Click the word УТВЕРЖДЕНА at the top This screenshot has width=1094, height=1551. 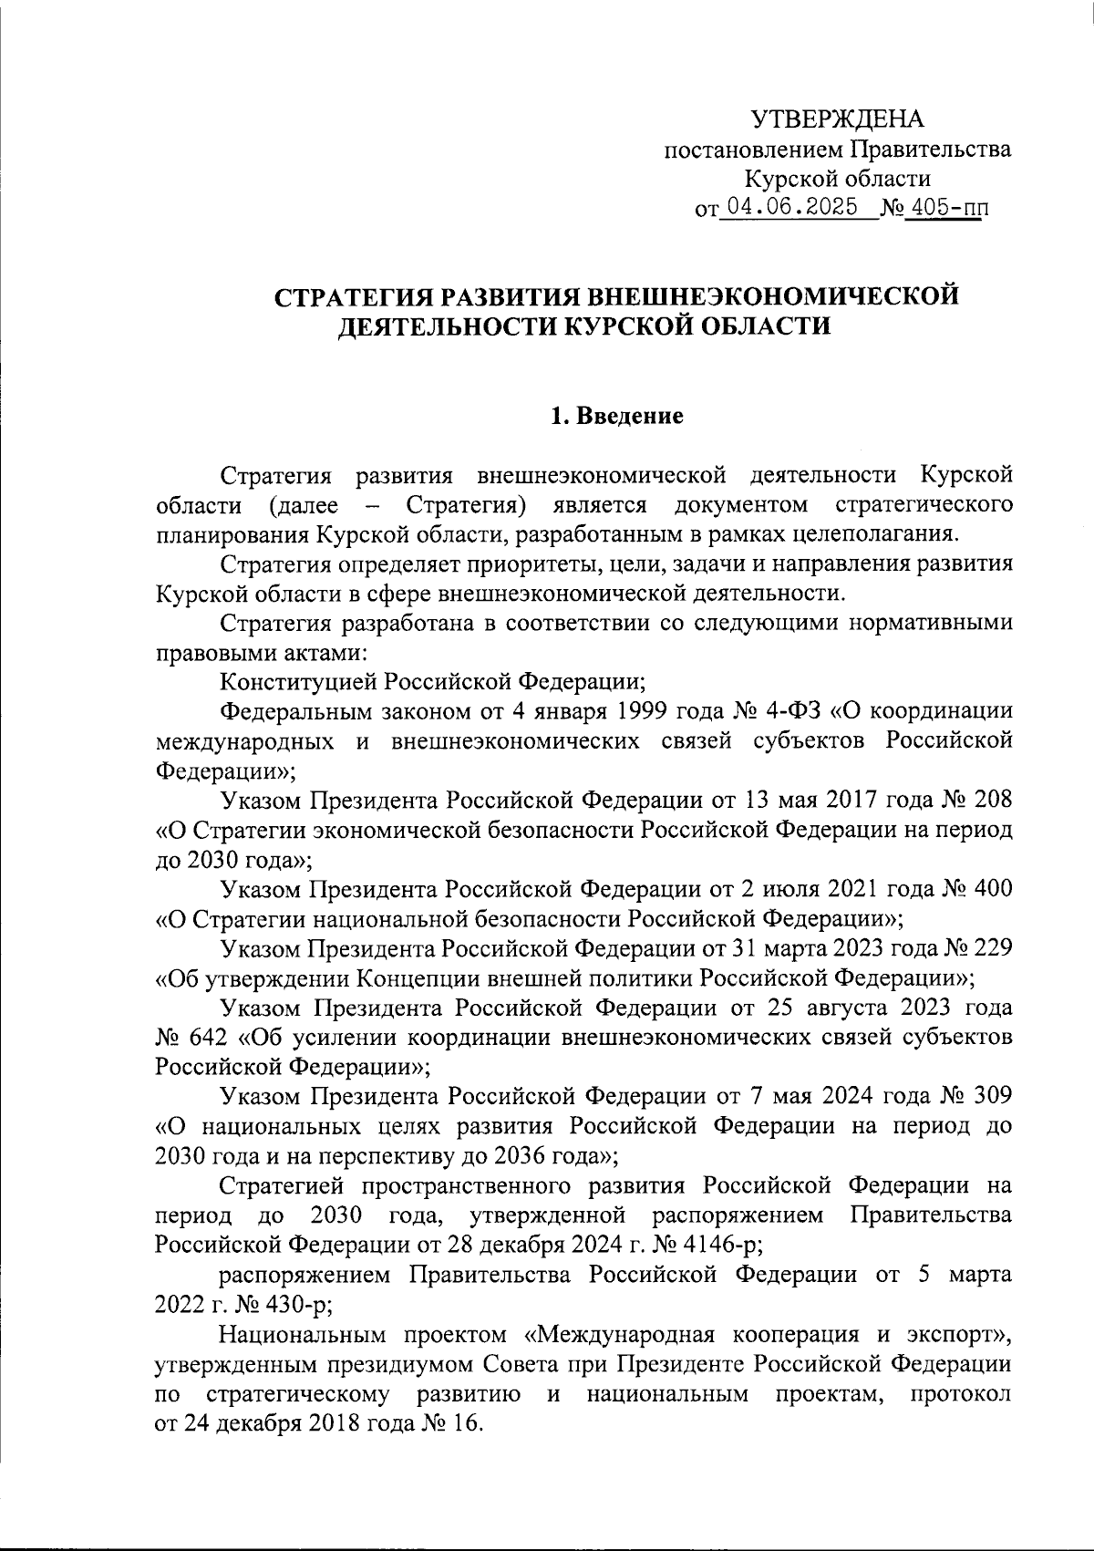click(x=837, y=119)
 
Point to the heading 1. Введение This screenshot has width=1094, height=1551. click(x=617, y=418)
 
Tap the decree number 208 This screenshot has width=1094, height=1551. click(x=987, y=800)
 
